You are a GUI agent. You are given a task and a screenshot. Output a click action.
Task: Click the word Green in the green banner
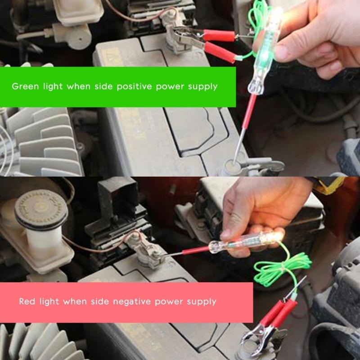(x=25, y=86)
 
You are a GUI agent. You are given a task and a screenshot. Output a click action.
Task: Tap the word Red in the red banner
(x=27, y=301)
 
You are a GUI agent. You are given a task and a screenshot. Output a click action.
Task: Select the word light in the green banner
(x=53, y=86)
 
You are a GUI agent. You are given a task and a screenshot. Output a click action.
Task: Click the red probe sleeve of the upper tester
(x=249, y=112)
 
